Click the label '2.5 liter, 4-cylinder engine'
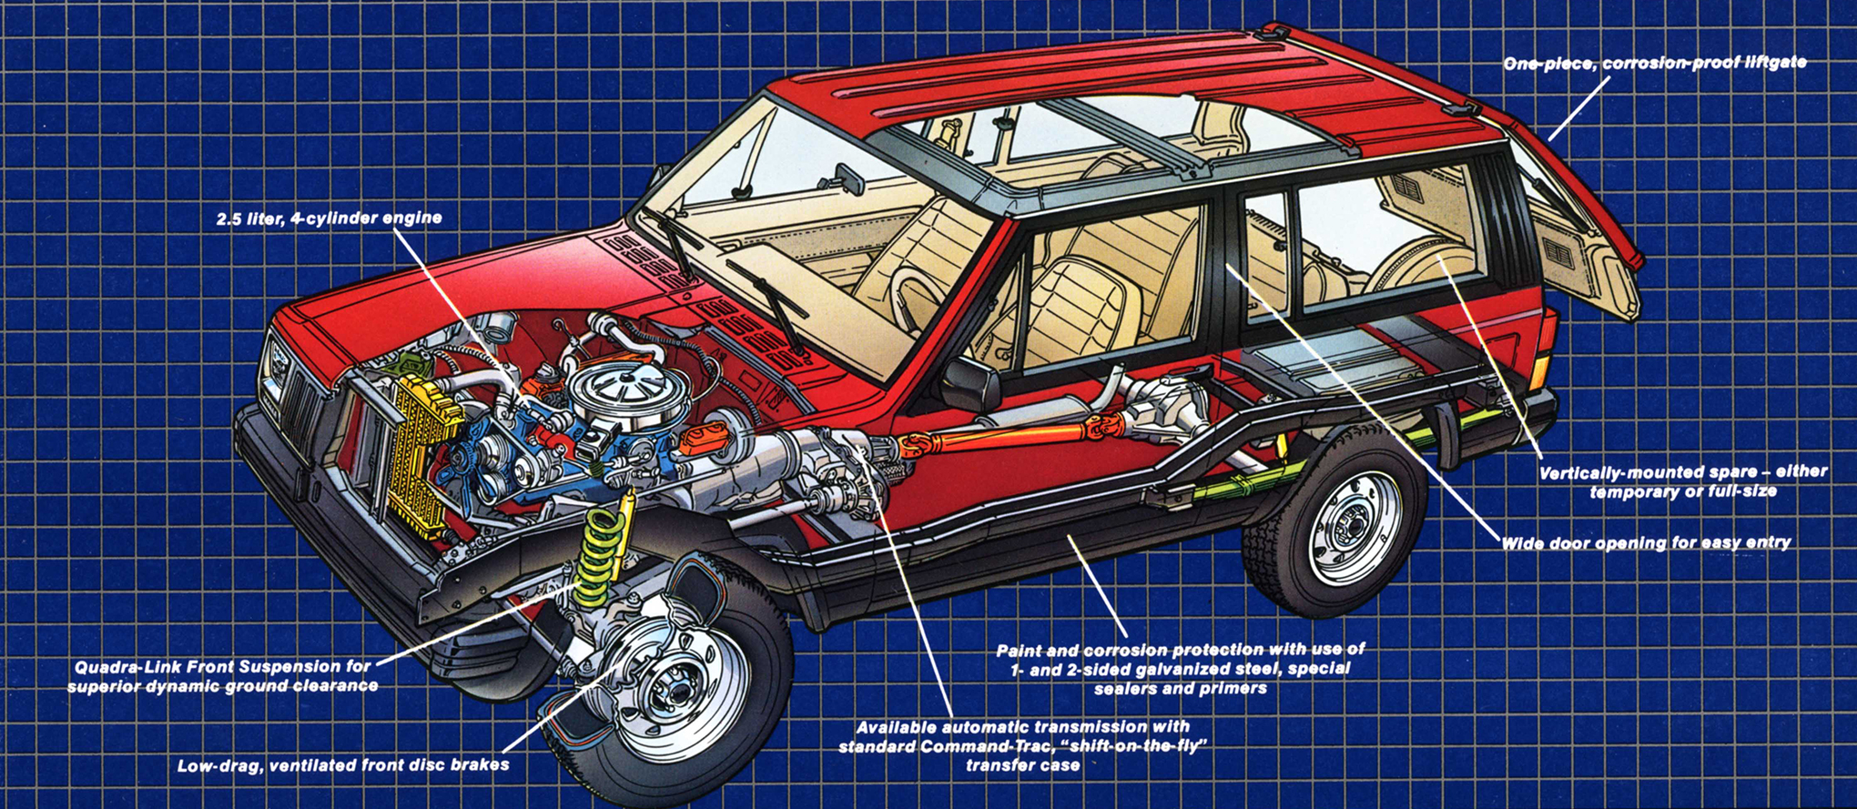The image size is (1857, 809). point(329,218)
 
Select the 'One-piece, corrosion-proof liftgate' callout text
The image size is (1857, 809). point(1654,64)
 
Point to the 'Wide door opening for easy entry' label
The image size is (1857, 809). point(1645,543)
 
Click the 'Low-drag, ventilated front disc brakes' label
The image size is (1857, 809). point(343,765)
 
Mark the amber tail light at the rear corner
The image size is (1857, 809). point(1538,369)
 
